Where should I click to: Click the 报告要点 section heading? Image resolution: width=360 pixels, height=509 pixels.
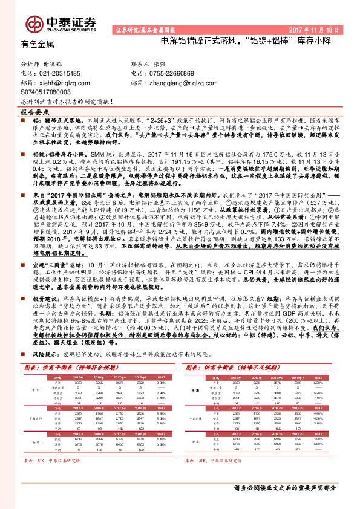tap(34, 112)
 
